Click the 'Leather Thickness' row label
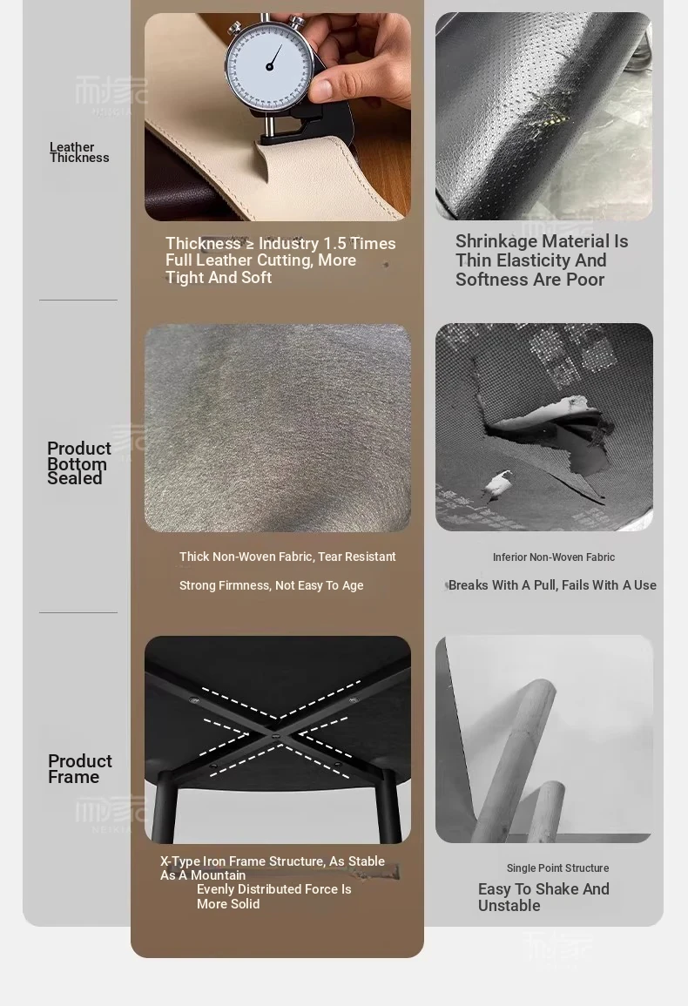click(79, 152)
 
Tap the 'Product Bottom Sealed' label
click(79, 463)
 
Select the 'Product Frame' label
click(79, 768)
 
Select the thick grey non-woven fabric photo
click(277, 428)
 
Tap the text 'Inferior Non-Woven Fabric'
click(554, 557)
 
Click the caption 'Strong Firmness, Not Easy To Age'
click(271, 586)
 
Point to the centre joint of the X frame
click(276, 737)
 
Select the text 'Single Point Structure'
click(557, 868)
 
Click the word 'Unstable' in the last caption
click(509, 906)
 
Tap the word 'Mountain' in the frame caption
click(219, 875)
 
